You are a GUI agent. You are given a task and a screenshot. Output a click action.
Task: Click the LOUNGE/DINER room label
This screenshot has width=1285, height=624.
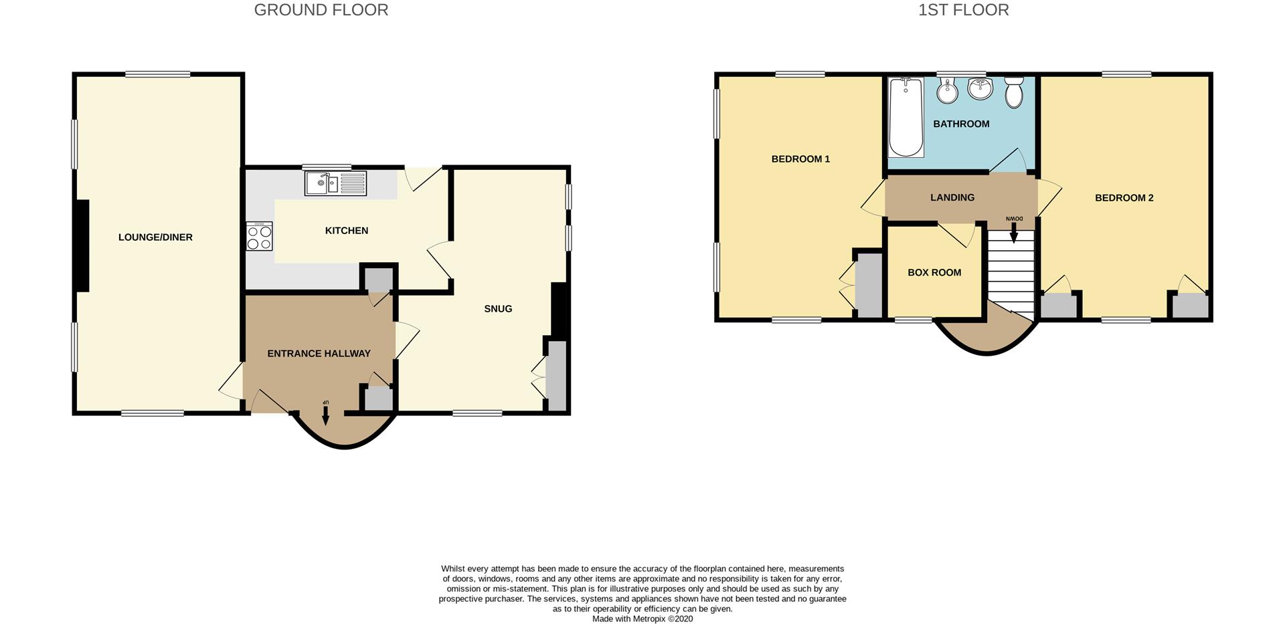coord(155,237)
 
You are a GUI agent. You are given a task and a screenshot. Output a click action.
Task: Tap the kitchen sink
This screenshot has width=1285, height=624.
coord(335,183)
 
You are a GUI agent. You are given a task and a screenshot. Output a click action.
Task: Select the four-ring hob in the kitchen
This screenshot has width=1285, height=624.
coord(259,236)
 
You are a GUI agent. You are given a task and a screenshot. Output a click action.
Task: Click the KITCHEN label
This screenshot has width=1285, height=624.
coord(347,231)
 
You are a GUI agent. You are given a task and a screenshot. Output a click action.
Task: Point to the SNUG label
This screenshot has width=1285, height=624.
coord(498,309)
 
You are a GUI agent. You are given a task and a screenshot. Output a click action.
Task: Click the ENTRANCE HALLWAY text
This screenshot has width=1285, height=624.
coord(319,354)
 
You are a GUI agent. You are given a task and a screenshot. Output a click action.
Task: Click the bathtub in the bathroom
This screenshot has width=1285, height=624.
coord(906,117)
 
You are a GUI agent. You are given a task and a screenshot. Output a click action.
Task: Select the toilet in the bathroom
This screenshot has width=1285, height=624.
coord(1015,92)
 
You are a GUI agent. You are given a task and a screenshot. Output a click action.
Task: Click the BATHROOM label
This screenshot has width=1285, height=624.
coord(961,124)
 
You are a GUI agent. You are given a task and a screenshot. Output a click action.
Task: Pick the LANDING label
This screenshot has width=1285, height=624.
coord(952,198)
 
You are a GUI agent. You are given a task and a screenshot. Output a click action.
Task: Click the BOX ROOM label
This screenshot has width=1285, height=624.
coord(934,273)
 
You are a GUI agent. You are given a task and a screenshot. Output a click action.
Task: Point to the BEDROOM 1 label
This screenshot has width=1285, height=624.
coord(800,159)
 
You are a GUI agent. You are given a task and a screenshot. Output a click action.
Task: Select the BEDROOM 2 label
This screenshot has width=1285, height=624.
coord(1124,198)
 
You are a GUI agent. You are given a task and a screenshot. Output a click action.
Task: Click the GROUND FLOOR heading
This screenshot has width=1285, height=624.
coord(321,10)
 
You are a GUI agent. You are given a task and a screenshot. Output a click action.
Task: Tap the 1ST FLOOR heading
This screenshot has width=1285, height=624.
coord(964,10)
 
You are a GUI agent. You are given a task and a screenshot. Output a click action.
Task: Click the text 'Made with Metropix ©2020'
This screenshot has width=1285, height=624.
coord(642,619)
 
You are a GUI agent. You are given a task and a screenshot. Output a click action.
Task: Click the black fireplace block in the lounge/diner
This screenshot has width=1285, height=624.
coord(82,245)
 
